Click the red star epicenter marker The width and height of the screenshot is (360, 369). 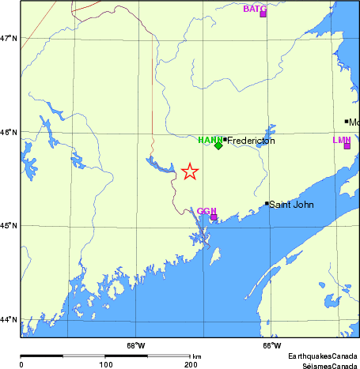click(190, 171)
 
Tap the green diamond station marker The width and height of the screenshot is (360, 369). click(218, 145)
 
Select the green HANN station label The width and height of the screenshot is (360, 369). click(210, 139)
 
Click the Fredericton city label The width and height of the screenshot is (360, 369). click(252, 140)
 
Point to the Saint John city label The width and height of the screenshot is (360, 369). click(292, 205)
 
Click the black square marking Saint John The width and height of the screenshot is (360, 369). click(267, 203)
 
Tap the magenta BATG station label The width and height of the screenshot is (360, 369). click(255, 9)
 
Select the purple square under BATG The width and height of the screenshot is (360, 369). click(263, 14)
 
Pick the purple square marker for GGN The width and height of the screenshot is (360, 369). click(214, 217)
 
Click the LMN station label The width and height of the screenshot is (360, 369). click(341, 140)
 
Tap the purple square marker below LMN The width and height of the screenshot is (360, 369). click(347, 146)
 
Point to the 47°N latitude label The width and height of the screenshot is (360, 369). click(9, 38)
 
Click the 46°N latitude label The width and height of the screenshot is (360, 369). click(9, 132)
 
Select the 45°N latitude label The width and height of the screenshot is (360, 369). click(9, 226)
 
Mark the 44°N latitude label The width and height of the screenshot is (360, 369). click(9, 319)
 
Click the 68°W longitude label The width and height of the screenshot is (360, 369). click(136, 345)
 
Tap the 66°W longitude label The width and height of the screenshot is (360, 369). click(271, 345)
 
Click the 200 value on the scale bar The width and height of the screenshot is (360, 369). click(191, 363)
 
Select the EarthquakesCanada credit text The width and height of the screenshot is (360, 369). click(322, 356)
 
